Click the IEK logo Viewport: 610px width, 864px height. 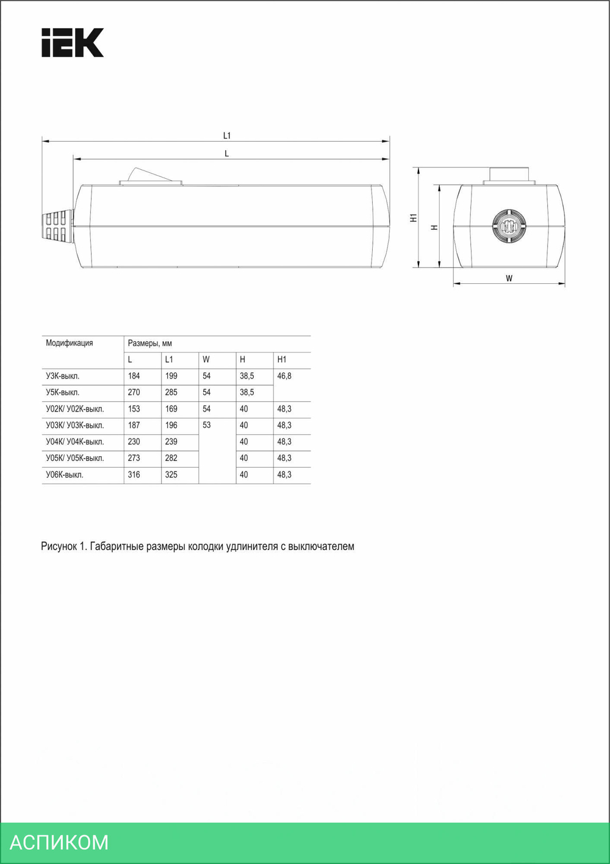click(72, 43)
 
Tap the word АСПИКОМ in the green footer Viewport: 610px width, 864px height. click(59, 842)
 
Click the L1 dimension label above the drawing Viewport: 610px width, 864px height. click(227, 136)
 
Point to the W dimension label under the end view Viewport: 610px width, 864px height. click(509, 278)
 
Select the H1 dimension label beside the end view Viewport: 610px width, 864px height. click(414, 218)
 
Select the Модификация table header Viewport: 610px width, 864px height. click(70, 343)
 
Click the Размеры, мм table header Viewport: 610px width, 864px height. click(150, 344)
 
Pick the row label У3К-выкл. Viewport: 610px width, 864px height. click(62, 376)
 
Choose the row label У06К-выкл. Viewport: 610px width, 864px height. click(65, 475)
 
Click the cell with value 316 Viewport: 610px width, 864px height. click(134, 475)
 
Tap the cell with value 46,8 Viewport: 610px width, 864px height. click(284, 376)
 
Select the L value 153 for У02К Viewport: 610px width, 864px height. click(134, 409)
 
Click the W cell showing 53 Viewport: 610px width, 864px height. click(207, 426)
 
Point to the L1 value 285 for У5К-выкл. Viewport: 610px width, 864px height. click(171, 393)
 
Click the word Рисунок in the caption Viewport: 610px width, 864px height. click(59, 546)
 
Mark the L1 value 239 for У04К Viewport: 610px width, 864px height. click(171, 442)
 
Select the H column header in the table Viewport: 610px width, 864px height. click(243, 360)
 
